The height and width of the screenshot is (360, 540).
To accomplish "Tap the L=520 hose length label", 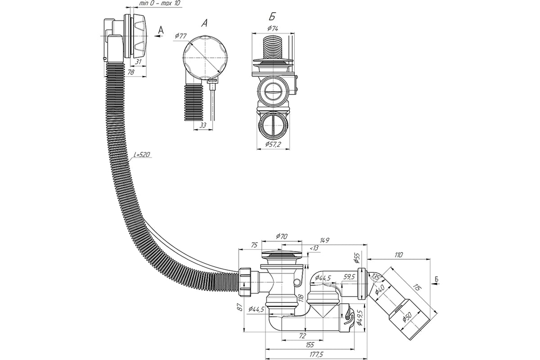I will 142,155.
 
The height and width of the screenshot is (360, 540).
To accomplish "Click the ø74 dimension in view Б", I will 273,28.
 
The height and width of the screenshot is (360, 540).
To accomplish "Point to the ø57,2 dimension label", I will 273,144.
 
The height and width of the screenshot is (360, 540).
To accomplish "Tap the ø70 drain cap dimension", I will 282,235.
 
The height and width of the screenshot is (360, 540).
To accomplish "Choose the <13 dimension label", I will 314,248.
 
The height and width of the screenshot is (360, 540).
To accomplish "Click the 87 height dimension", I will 239,308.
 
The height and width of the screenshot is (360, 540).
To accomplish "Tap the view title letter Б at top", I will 271,17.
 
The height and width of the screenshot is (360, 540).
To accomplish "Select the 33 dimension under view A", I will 203,126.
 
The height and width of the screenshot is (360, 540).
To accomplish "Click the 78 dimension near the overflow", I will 131,72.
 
